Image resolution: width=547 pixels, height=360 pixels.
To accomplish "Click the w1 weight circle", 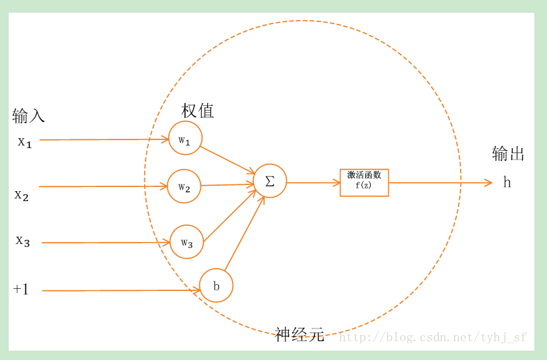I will pyautogui.click(x=185, y=138).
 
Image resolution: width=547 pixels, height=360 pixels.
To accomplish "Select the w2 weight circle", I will pyautogui.click(x=184, y=186).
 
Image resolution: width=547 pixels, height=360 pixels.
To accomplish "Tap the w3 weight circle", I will pyautogui.click(x=186, y=242).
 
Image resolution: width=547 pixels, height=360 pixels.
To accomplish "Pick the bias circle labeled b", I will pyautogui.click(x=216, y=286).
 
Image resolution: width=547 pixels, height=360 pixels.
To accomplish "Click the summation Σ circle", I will pyautogui.click(x=269, y=181).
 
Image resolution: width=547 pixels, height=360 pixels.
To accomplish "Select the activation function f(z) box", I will pyautogui.click(x=364, y=182).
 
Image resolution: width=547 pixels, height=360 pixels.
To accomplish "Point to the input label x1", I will pyautogui.click(x=25, y=142).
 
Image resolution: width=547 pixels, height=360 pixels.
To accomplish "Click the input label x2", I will pyautogui.click(x=22, y=195).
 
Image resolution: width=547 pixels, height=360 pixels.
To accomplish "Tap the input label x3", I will pyautogui.click(x=23, y=241).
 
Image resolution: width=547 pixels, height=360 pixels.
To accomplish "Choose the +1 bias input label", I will pyautogui.click(x=21, y=290).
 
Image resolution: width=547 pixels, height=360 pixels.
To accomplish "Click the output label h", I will pyautogui.click(x=507, y=182).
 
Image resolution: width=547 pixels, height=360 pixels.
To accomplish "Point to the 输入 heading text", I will pyautogui.click(x=28, y=116).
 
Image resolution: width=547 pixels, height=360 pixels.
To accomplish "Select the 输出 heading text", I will pyautogui.click(x=508, y=154).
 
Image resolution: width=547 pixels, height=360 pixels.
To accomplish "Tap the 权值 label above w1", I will pyautogui.click(x=198, y=111).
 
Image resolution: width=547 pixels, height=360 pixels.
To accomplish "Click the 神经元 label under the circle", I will pyautogui.click(x=300, y=335).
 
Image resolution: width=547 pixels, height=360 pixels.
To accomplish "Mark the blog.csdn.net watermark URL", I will pyautogui.click(x=432, y=337).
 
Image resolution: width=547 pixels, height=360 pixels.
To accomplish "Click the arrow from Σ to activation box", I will pyautogui.click(x=313, y=182).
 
